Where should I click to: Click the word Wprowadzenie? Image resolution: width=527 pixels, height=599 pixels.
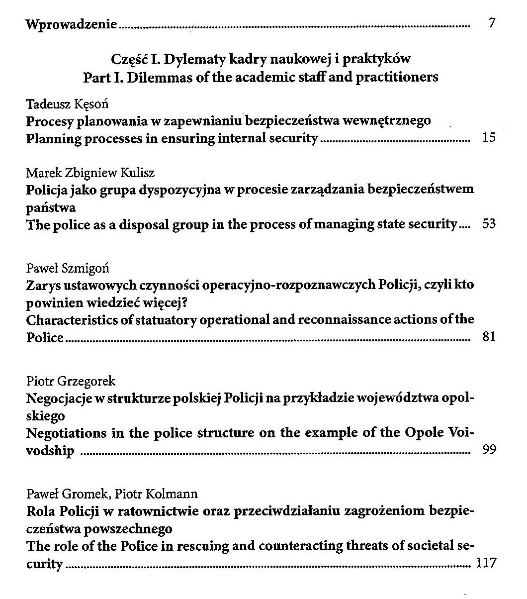pyautogui.click(x=72, y=23)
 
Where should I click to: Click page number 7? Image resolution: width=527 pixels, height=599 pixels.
pyautogui.click(x=492, y=23)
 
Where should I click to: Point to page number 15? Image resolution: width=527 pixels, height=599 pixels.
pyautogui.click(x=489, y=138)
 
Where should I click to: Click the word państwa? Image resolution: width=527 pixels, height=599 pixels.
pyautogui.click(x=50, y=206)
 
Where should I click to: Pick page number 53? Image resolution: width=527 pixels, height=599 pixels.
pyautogui.click(x=489, y=224)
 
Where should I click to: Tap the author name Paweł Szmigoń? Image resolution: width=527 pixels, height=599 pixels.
pyautogui.click(x=68, y=268)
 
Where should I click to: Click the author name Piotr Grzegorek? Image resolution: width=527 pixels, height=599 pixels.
pyautogui.click(x=71, y=382)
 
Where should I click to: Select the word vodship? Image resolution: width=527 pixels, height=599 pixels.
pyautogui.click(x=50, y=451)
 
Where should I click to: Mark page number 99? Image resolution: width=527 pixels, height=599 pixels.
pyautogui.click(x=489, y=451)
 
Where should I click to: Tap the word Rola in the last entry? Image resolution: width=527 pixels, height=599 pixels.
pyautogui.click(x=40, y=511)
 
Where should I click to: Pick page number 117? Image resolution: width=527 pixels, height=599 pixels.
pyautogui.click(x=486, y=563)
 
